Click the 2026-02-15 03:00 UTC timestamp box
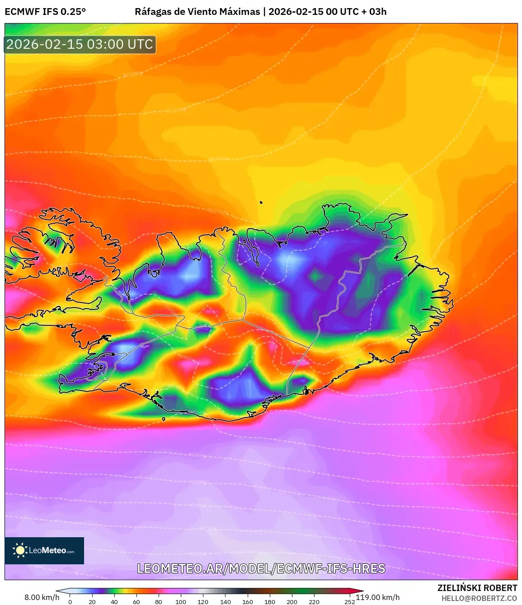(x=80, y=45)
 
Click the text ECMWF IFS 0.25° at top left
(x=45, y=12)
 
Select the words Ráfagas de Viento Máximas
(x=198, y=12)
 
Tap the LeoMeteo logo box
(x=44, y=550)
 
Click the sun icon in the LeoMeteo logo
(x=20, y=550)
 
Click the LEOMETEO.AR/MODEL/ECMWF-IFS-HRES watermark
(x=261, y=568)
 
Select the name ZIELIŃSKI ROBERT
(x=477, y=588)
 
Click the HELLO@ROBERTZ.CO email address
(x=479, y=598)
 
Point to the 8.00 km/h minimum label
(x=42, y=597)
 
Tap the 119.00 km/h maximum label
(x=377, y=597)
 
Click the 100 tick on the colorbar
(x=181, y=601)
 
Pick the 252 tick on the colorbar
(x=349, y=601)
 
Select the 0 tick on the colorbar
(x=70, y=601)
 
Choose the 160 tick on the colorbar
(x=248, y=601)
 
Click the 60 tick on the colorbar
(x=136, y=601)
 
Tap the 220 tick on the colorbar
(x=314, y=601)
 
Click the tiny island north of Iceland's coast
(x=261, y=202)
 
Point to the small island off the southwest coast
(x=164, y=419)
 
